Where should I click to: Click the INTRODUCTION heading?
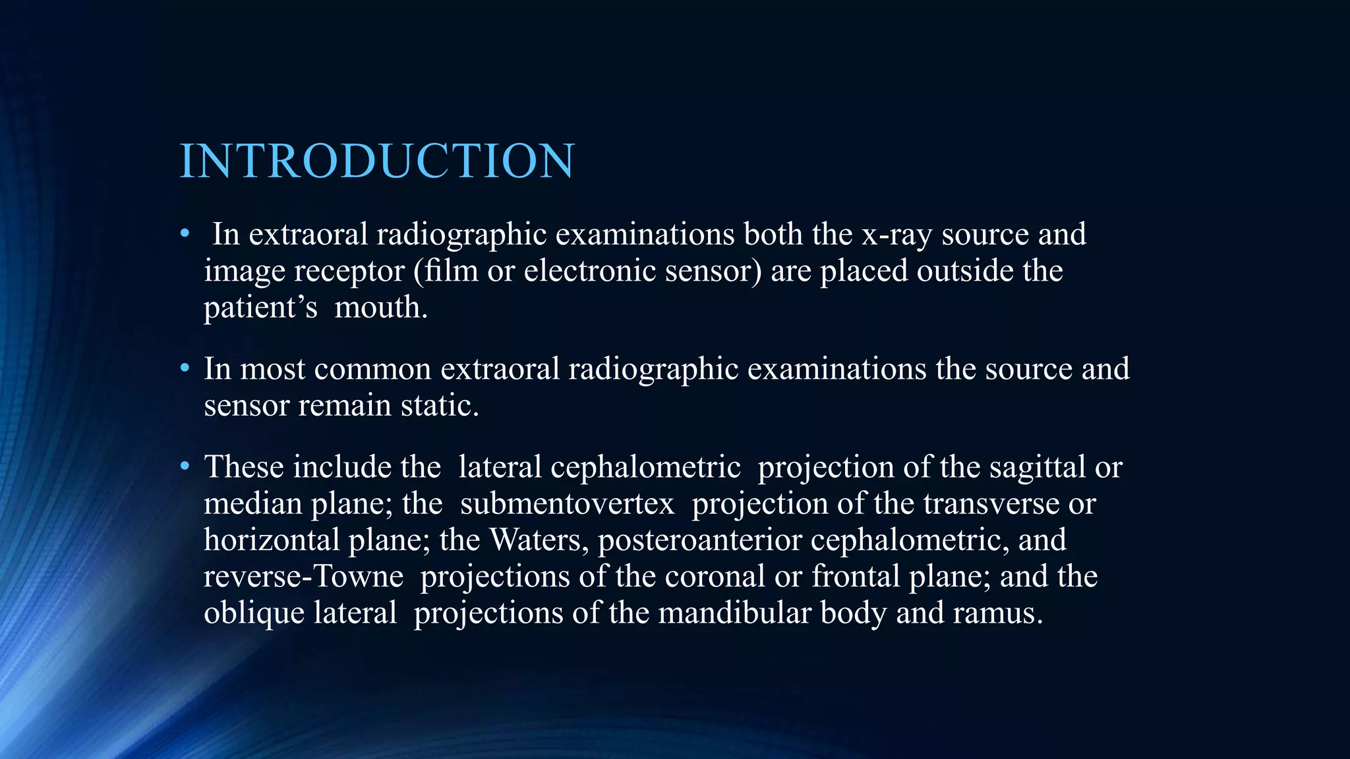tap(377, 161)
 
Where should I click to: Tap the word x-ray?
tap(896, 235)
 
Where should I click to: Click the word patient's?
tap(260, 308)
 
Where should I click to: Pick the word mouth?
tap(380, 308)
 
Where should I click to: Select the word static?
tap(440, 405)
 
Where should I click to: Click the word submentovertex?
tap(567, 504)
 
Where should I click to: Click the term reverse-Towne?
tap(303, 576)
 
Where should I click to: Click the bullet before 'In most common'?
tap(185, 368)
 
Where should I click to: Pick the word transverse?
tap(991, 504)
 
